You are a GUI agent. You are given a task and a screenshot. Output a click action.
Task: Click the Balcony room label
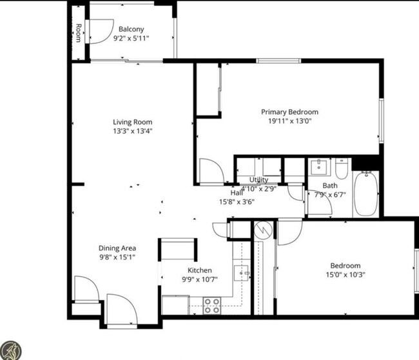coord(132,29)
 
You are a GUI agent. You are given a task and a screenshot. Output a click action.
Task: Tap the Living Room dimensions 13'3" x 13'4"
coord(133,131)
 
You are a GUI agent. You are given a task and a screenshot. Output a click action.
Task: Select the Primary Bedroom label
coord(289,112)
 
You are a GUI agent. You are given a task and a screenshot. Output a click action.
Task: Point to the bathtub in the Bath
coord(366,194)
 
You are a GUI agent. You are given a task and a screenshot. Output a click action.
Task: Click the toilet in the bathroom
coord(342,168)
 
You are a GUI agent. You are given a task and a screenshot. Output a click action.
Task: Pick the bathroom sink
coord(319,167)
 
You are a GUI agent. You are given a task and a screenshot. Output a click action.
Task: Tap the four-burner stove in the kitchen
coord(212,306)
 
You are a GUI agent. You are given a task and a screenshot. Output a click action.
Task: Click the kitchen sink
coord(242,273)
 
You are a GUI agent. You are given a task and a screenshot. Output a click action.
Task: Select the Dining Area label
coord(117,248)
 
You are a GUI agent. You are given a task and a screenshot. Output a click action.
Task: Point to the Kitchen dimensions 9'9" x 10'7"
coord(200,280)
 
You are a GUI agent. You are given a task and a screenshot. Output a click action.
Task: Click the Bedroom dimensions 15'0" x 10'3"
coord(346,275)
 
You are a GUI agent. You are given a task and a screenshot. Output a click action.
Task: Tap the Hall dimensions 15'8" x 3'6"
coord(237,202)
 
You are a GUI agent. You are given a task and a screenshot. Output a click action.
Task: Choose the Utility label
coord(258,180)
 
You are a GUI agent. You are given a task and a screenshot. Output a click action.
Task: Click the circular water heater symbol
coord(263,230)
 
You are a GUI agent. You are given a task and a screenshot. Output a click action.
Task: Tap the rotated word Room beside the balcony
coord(78,33)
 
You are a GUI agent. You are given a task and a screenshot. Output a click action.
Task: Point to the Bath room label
coord(330,186)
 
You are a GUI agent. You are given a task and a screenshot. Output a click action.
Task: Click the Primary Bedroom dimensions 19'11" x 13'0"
coord(290,121)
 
